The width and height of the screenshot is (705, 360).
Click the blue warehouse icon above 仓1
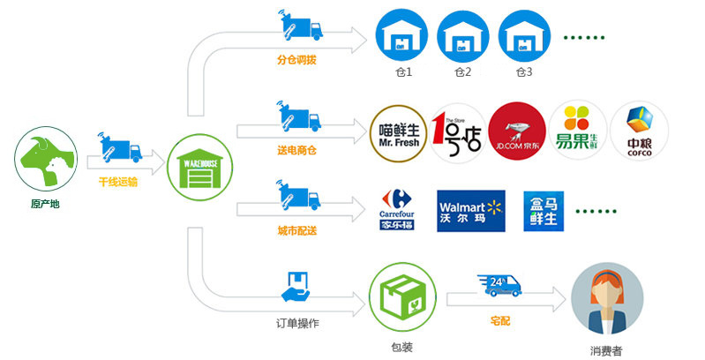[401, 34]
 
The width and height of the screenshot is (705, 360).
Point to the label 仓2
[461, 72]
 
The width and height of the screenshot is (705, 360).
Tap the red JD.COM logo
[516, 132]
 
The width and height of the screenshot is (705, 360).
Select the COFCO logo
[639, 132]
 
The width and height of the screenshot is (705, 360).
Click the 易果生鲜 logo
[577, 132]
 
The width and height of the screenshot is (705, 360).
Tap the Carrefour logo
[396, 210]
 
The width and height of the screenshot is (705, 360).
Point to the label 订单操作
[296, 322]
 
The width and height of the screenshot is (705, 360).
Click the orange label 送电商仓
[296, 150]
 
